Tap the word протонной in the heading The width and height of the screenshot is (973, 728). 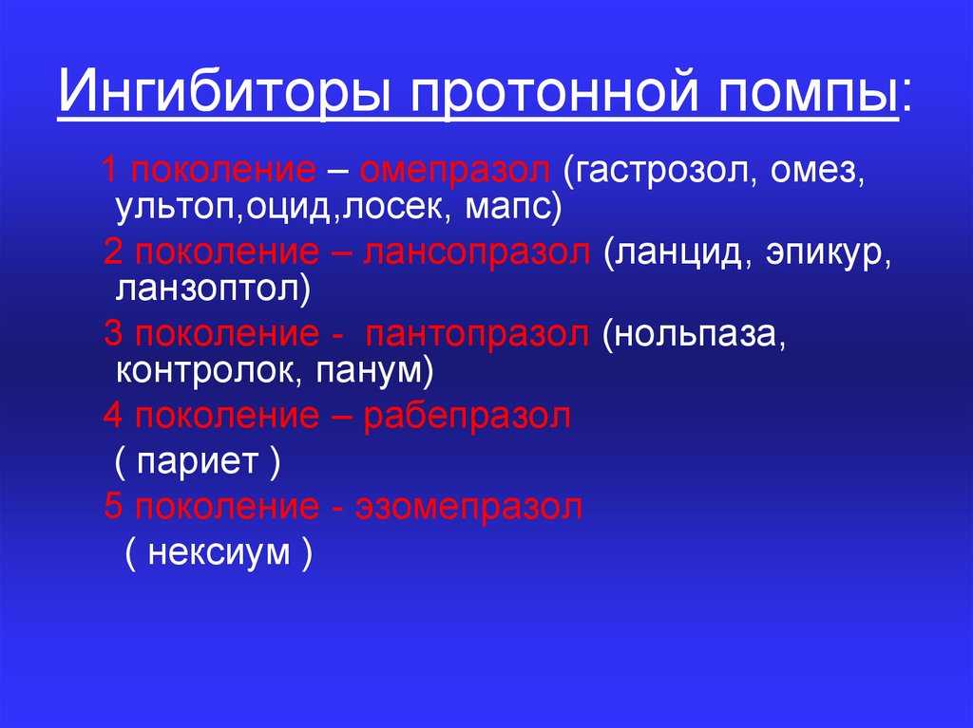coord(554,92)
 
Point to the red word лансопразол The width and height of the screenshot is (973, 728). coord(477,253)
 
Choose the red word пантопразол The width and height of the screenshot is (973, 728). coord(477,335)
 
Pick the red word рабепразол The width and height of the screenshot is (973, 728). coord(467,416)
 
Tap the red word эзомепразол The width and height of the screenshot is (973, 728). coord(469,507)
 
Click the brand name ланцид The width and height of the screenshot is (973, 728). coord(678,253)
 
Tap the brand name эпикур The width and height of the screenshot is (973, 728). coord(823,255)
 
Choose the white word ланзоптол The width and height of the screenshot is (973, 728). coord(207,289)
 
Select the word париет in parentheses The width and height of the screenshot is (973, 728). coord(198,463)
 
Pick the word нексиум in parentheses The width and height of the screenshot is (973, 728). coord(219,551)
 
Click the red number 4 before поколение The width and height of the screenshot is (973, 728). coord(113,416)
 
